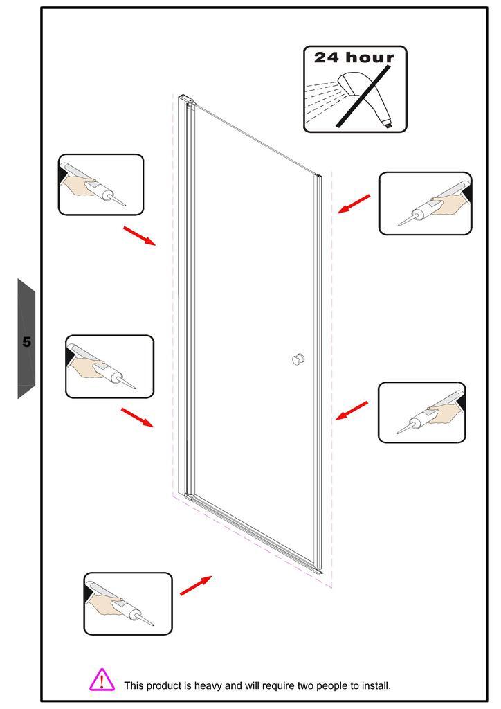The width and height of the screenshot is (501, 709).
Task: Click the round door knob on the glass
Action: [x=298, y=359]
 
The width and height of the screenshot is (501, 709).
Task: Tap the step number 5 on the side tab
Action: [x=27, y=342]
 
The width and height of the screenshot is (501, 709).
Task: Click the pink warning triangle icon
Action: [x=102, y=680]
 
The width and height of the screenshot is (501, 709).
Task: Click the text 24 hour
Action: [x=354, y=57]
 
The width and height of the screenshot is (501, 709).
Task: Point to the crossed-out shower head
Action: [x=365, y=97]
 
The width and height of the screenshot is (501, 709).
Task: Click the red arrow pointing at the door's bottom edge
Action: [x=196, y=586]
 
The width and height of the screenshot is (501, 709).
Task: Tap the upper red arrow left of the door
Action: [x=140, y=236]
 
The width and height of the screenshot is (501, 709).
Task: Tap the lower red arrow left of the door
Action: [x=137, y=417]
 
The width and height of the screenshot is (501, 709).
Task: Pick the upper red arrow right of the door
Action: [x=354, y=204]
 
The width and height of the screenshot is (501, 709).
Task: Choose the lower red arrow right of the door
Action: [x=352, y=411]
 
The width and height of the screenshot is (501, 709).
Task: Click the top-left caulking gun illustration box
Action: [x=101, y=184]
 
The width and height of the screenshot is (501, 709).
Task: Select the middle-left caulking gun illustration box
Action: [x=110, y=367]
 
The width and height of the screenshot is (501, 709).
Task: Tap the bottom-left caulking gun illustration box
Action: [x=128, y=604]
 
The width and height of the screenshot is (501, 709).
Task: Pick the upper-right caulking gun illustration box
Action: [x=425, y=204]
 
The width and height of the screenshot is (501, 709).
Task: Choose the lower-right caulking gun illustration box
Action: [x=422, y=413]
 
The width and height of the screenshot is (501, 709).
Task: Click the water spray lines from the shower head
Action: [x=322, y=100]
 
